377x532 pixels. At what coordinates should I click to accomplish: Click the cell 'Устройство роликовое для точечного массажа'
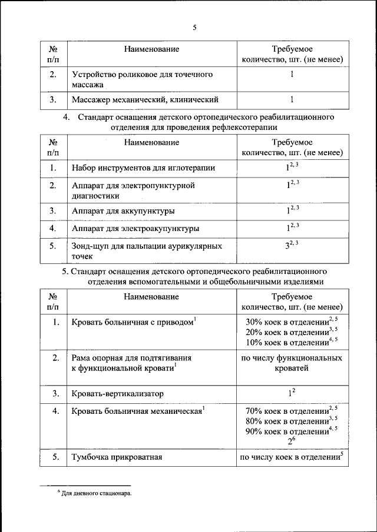pyautogui.click(x=141, y=80)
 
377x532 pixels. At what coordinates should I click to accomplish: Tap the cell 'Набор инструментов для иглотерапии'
pyautogui.click(x=143, y=168)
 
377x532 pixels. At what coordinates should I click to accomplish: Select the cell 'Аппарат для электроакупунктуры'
pyautogui.click(x=135, y=228)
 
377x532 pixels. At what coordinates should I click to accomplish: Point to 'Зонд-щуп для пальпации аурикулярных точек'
pyautogui.click(x=147, y=251)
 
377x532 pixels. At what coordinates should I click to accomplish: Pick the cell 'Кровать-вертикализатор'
pyautogui.click(x=117, y=393)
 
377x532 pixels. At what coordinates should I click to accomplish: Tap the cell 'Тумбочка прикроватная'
pyautogui.click(x=117, y=457)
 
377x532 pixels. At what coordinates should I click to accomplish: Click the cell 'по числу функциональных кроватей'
pyautogui.click(x=292, y=363)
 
